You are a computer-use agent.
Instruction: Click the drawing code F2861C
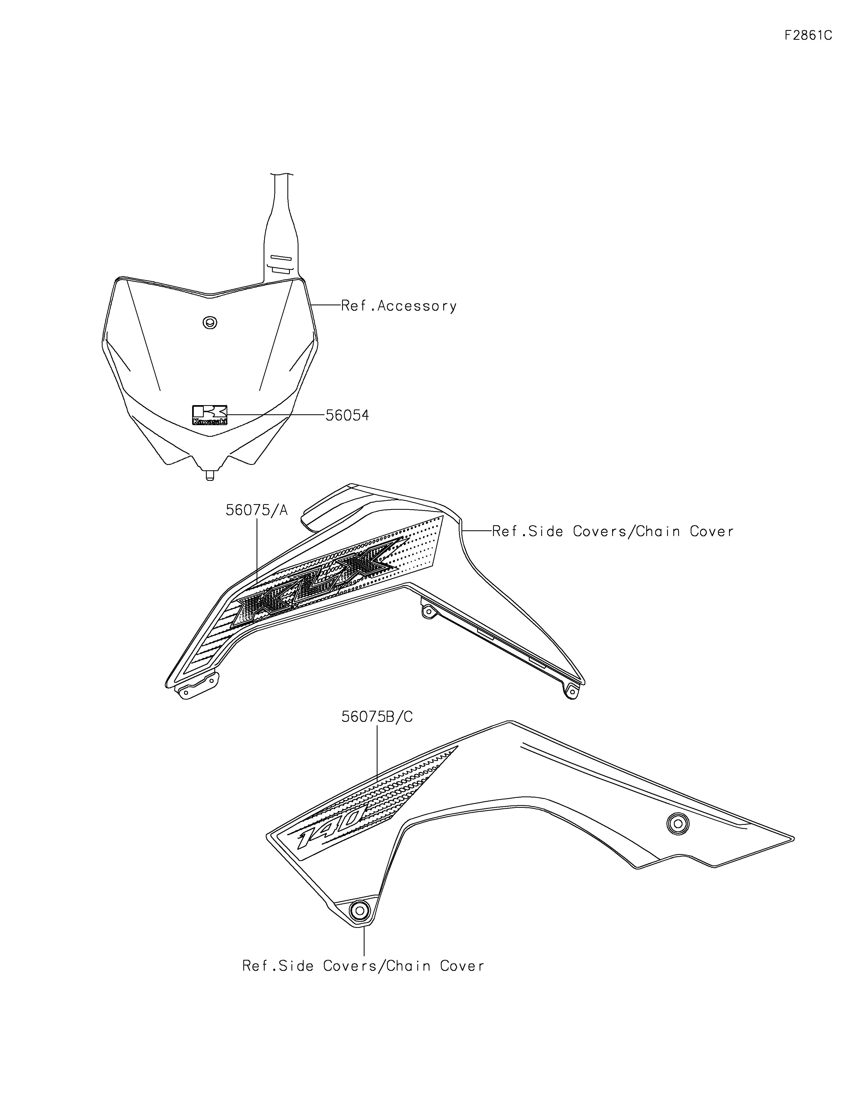pyautogui.click(x=808, y=36)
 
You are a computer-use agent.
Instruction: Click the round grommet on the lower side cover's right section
pyautogui.click(x=678, y=824)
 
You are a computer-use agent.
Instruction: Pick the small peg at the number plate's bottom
pyautogui.click(x=209, y=475)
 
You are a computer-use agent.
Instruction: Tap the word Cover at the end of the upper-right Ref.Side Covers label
pyautogui.click(x=712, y=531)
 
